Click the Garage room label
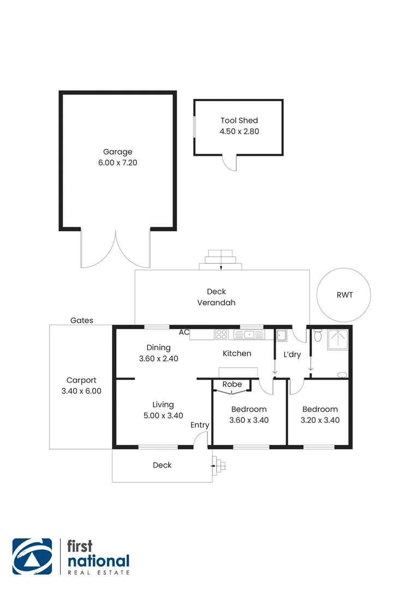click(x=118, y=152)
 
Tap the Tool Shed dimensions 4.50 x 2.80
click(x=239, y=131)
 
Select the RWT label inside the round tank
click(x=345, y=295)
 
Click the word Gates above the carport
click(x=82, y=321)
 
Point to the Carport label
click(x=81, y=380)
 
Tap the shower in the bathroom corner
click(x=338, y=340)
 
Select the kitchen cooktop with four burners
click(x=222, y=334)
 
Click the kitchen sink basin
click(x=249, y=334)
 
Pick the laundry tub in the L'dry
click(x=282, y=335)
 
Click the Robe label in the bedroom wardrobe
click(x=232, y=385)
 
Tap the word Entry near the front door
click(x=200, y=425)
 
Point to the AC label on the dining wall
click(x=184, y=332)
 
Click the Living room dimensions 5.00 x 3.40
click(x=163, y=415)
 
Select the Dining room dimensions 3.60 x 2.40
click(x=159, y=359)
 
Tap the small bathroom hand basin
click(x=342, y=375)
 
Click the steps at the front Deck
click(x=221, y=466)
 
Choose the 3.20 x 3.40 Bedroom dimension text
click(x=320, y=420)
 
